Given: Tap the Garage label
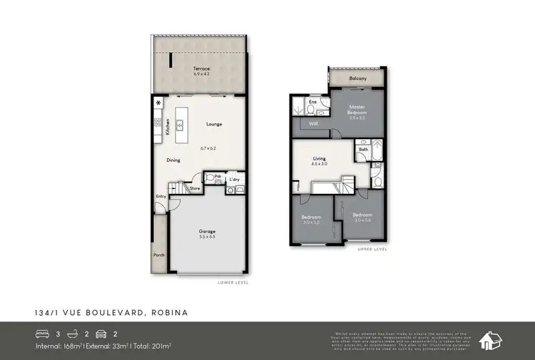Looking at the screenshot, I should (x=207, y=232).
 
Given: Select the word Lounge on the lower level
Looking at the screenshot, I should (x=214, y=124).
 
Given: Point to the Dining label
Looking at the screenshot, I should (x=173, y=160).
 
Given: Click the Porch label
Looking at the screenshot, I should (x=158, y=254).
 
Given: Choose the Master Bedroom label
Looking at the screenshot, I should (x=357, y=110).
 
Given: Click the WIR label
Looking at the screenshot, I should (x=312, y=124).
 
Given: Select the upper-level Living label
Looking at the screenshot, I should (x=319, y=159).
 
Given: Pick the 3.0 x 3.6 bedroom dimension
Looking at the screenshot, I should (x=362, y=220).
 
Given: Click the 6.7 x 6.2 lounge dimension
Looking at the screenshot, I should (x=208, y=148).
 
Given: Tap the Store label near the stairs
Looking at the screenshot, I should (x=195, y=188).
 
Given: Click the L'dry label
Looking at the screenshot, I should (x=234, y=179).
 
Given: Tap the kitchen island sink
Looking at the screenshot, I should (x=180, y=125).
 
